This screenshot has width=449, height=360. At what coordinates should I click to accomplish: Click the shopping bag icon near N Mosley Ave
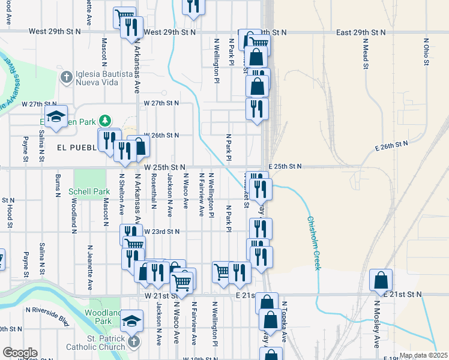pos(381,280)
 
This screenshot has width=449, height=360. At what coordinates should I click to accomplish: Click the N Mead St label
pos(365,55)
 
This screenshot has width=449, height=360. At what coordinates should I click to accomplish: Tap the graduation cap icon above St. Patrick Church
pos(131,320)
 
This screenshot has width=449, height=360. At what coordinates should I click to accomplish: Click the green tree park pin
pos(106,121)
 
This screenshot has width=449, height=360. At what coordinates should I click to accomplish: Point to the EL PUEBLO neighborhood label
pos(76,147)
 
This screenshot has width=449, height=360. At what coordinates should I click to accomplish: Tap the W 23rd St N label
pos(161,231)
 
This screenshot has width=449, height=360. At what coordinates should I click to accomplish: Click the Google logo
pos(20,353)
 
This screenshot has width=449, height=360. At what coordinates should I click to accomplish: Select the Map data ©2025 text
pos(423,355)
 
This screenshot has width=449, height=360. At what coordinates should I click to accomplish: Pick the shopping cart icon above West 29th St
pos(124,16)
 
